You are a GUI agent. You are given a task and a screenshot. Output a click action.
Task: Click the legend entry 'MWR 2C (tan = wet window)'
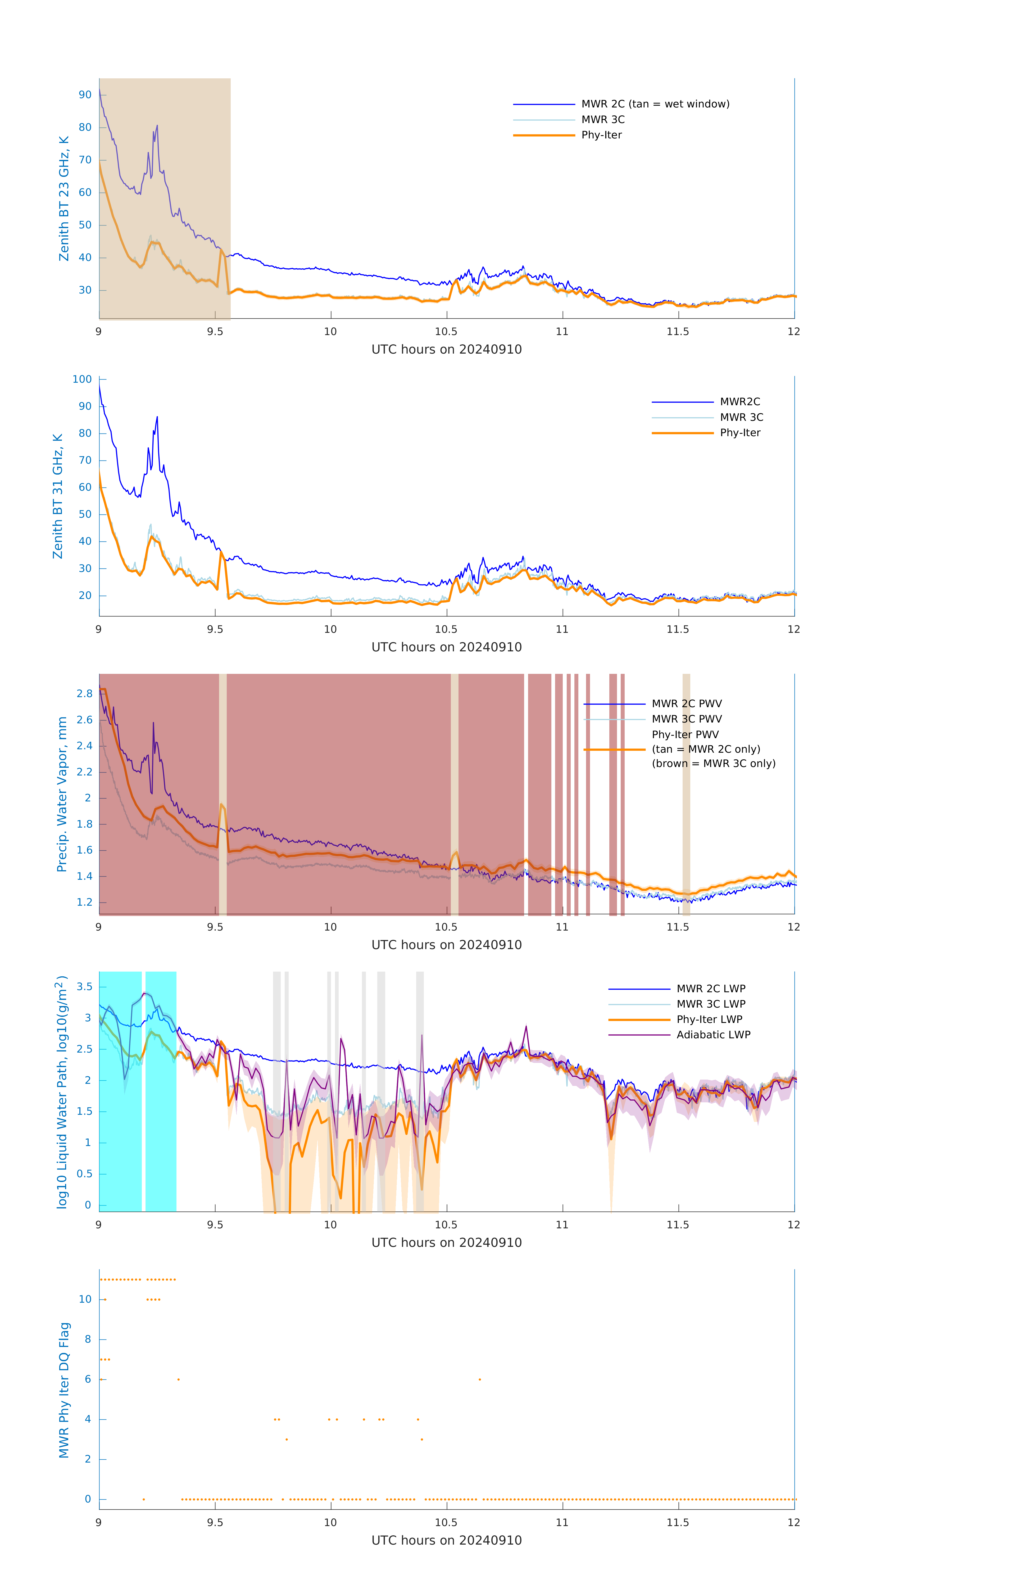655,104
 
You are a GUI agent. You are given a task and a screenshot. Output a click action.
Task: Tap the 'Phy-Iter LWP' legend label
709,1019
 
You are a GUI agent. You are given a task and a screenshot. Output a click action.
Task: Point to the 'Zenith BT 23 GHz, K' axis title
64,198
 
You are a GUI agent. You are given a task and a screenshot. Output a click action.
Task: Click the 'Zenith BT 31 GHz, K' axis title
58,496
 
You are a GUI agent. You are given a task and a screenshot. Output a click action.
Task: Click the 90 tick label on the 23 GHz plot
85,95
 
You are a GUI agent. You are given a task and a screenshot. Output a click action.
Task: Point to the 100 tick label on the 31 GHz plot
82,379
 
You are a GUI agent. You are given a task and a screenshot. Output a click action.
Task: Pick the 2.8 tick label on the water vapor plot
84,694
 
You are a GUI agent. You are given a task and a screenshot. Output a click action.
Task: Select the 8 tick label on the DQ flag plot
88,1339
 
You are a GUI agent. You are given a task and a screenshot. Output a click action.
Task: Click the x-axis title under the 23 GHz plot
446,350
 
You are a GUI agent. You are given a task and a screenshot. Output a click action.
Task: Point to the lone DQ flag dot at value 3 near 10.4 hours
422,1440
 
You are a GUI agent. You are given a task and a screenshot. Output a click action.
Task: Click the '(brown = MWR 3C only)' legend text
713,764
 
